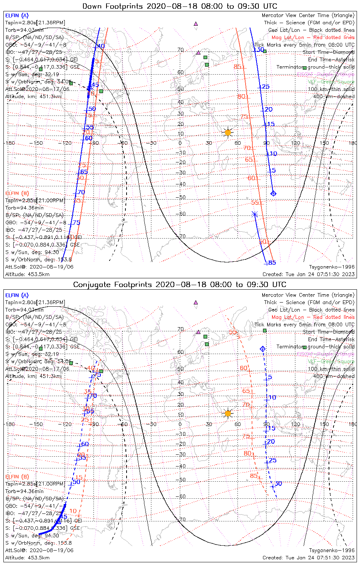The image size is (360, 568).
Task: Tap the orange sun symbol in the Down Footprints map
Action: (x=228, y=133)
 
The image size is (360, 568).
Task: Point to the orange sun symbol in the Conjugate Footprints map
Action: (x=228, y=413)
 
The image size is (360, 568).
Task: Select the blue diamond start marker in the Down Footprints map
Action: (x=273, y=193)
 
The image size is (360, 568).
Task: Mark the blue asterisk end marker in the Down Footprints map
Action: (x=255, y=214)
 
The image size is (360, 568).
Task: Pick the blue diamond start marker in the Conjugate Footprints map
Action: (x=262, y=348)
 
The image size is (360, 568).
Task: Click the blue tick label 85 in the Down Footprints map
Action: (x=272, y=263)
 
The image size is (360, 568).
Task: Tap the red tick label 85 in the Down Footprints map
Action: (x=238, y=67)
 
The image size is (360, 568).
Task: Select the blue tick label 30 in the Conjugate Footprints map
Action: (x=278, y=484)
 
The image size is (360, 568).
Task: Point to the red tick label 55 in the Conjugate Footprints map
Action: (x=232, y=332)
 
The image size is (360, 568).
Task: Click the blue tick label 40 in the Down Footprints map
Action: (x=101, y=46)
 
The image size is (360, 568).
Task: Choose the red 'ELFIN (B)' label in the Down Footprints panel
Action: (x=17, y=193)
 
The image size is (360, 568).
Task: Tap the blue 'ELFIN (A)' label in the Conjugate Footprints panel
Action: (x=17, y=295)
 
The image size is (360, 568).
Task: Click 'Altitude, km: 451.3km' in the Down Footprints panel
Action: (x=33, y=96)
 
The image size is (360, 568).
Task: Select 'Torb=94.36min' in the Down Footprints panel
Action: (x=24, y=208)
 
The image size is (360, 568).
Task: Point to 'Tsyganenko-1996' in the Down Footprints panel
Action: (x=332, y=267)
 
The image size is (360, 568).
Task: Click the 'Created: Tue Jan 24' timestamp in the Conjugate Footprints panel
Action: (x=308, y=557)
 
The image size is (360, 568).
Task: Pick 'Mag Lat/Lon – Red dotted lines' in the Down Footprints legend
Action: (x=313, y=37)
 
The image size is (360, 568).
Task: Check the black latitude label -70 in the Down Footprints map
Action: (x=182, y=237)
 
